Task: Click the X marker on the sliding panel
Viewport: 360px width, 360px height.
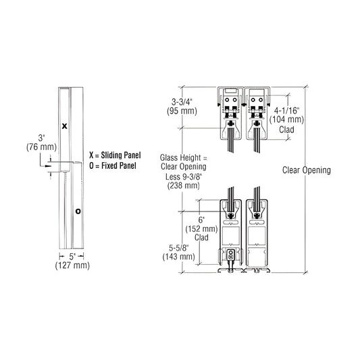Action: point(65,126)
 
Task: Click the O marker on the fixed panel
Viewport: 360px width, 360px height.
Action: point(78,211)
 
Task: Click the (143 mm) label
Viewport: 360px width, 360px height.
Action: point(176,256)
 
